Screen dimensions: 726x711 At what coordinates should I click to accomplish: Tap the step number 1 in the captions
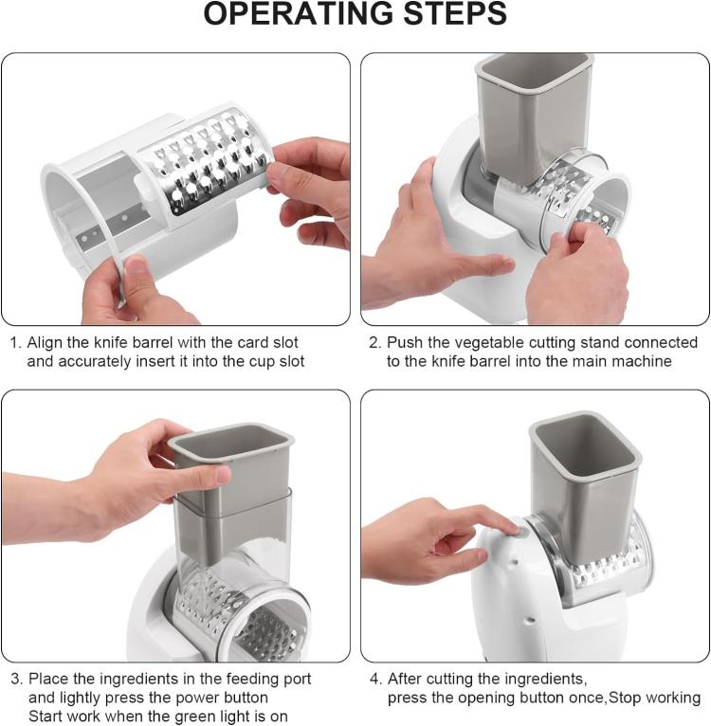(14, 342)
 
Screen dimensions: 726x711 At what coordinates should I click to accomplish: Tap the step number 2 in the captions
(374, 342)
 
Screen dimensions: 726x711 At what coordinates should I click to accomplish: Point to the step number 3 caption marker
(15, 679)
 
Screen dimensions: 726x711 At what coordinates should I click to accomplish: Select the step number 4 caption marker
(374, 679)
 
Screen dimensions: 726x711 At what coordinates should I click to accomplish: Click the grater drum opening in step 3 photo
(267, 626)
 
